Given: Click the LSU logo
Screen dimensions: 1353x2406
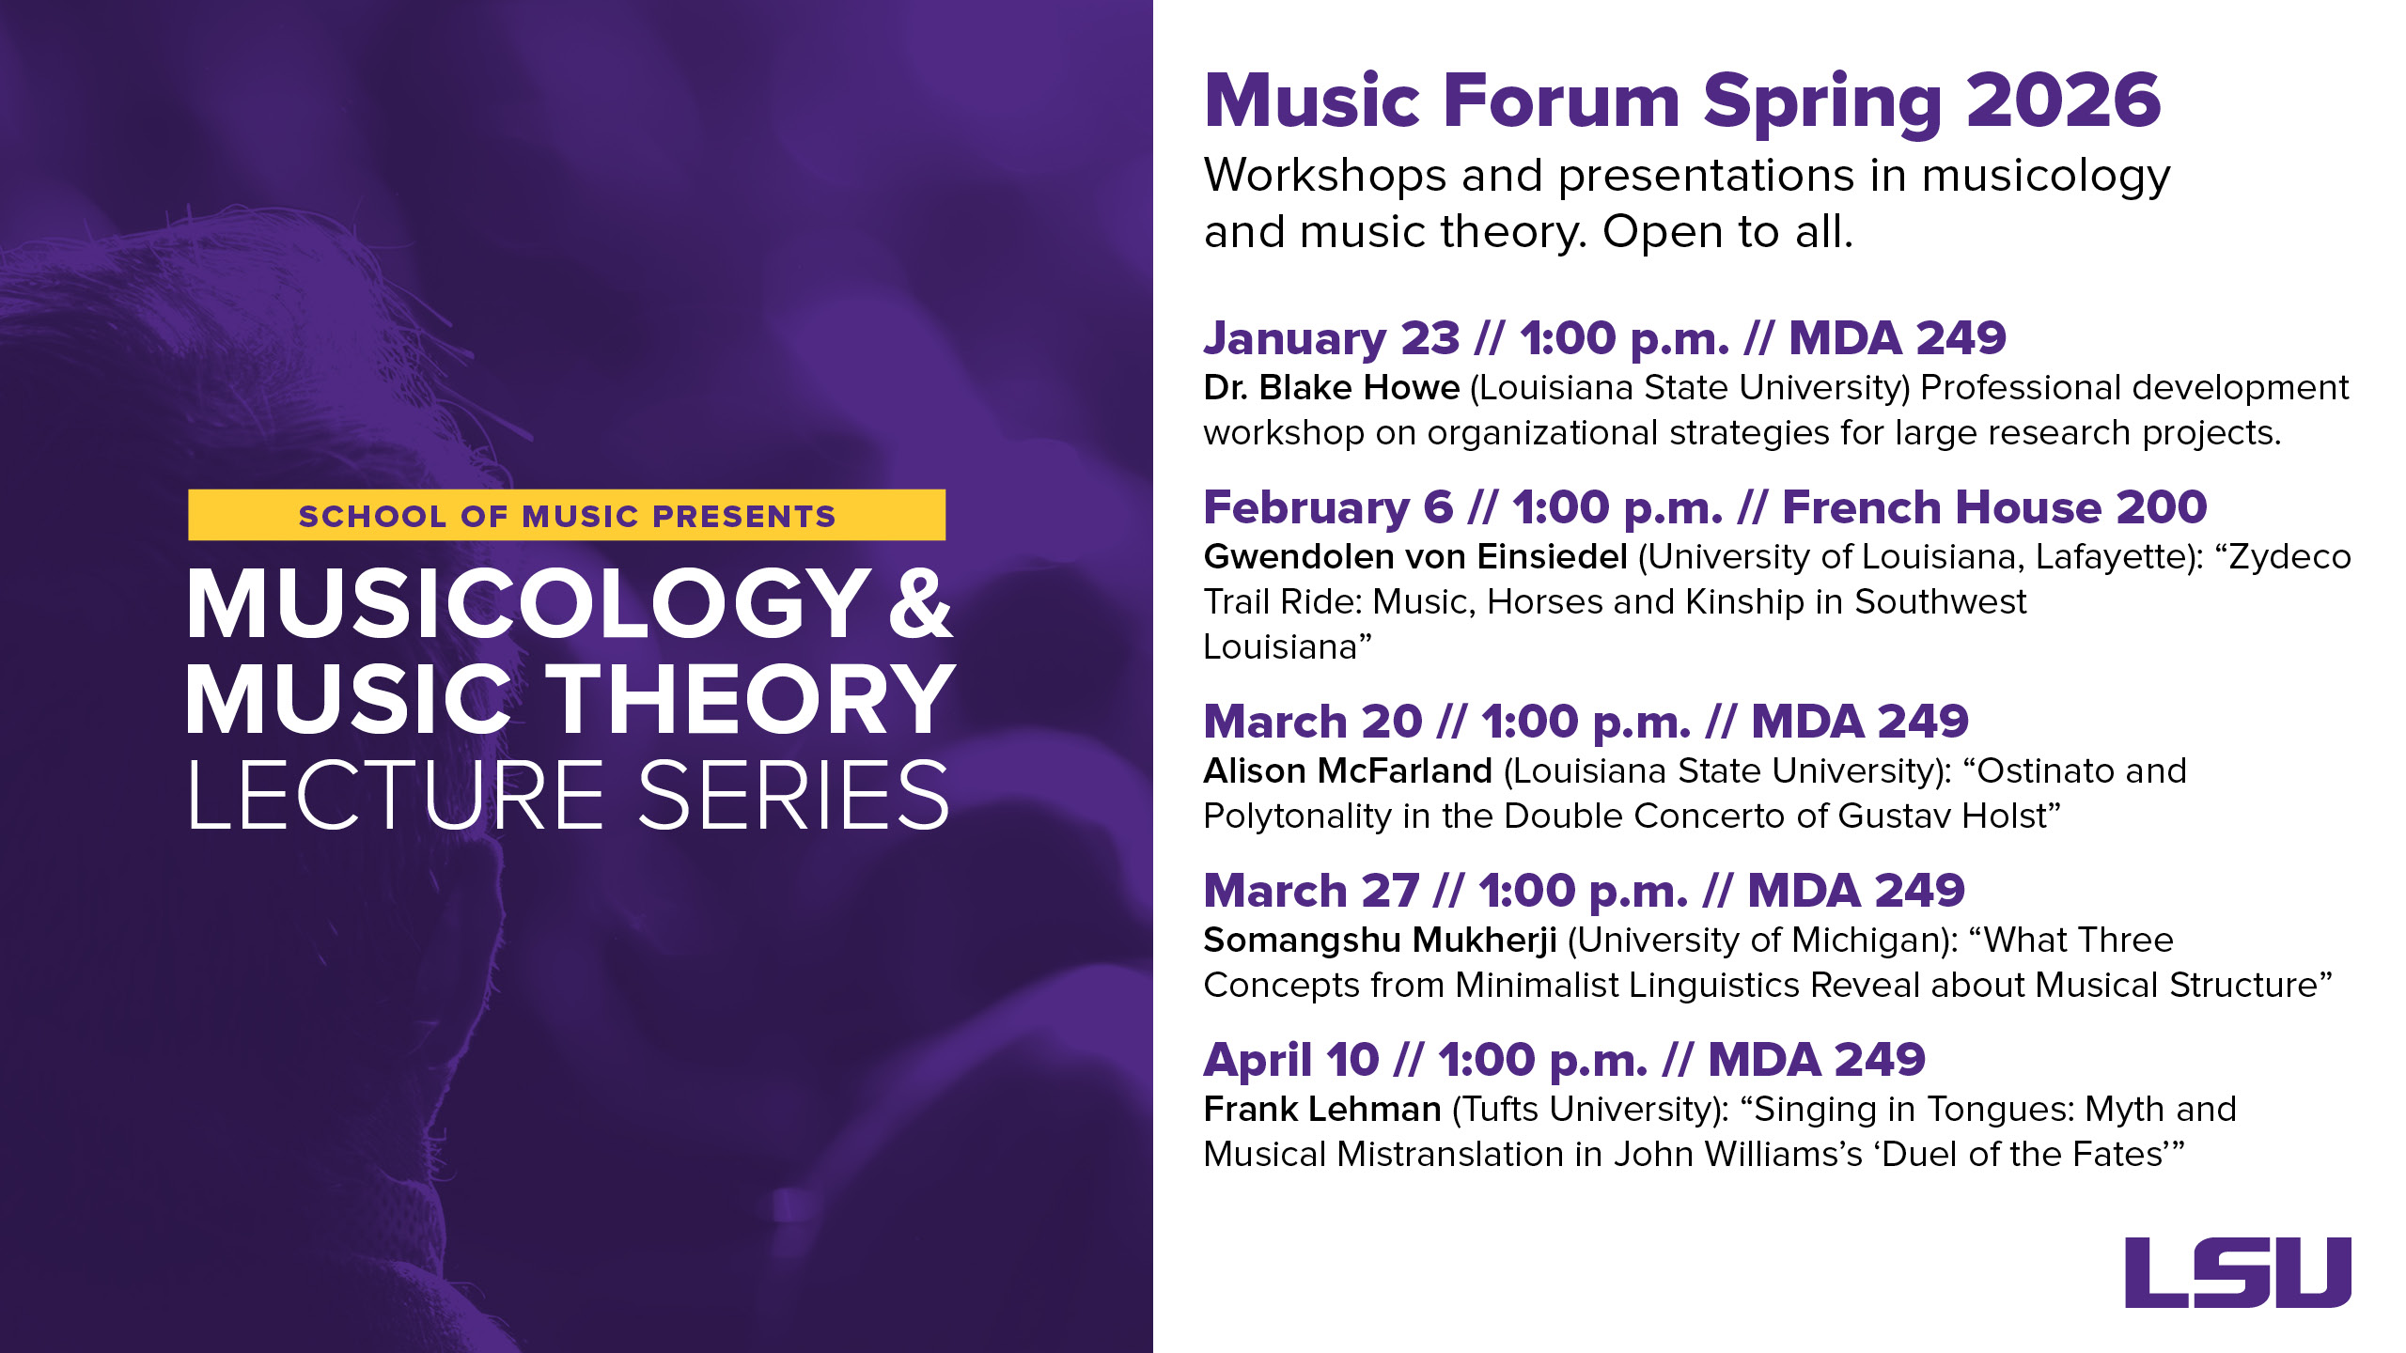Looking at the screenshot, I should point(2238,1272).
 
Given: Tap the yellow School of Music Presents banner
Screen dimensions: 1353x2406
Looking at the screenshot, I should point(567,515).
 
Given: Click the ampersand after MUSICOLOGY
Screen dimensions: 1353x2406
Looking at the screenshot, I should point(920,604).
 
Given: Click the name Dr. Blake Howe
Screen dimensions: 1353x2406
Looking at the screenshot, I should point(1331,388).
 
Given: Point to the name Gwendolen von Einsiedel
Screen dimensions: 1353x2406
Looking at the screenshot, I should point(1414,557).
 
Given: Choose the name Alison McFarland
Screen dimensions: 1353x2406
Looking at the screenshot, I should point(1347,771).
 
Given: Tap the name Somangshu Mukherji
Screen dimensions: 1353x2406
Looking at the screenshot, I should point(1380,941).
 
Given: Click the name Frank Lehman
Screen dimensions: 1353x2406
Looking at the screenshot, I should point(1321,1110).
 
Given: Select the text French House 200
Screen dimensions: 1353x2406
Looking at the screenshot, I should point(1993,508).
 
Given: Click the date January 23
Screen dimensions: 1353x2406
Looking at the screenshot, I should point(1331,339).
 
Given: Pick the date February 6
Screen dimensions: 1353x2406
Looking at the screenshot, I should point(1327,508).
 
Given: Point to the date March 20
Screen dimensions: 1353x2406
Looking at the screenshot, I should point(1312,723).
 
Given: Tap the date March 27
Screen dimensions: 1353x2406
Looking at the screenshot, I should point(1310,892).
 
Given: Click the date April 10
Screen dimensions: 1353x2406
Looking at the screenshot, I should point(1290,1061).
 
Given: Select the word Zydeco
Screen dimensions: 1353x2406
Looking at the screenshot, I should point(2289,557).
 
